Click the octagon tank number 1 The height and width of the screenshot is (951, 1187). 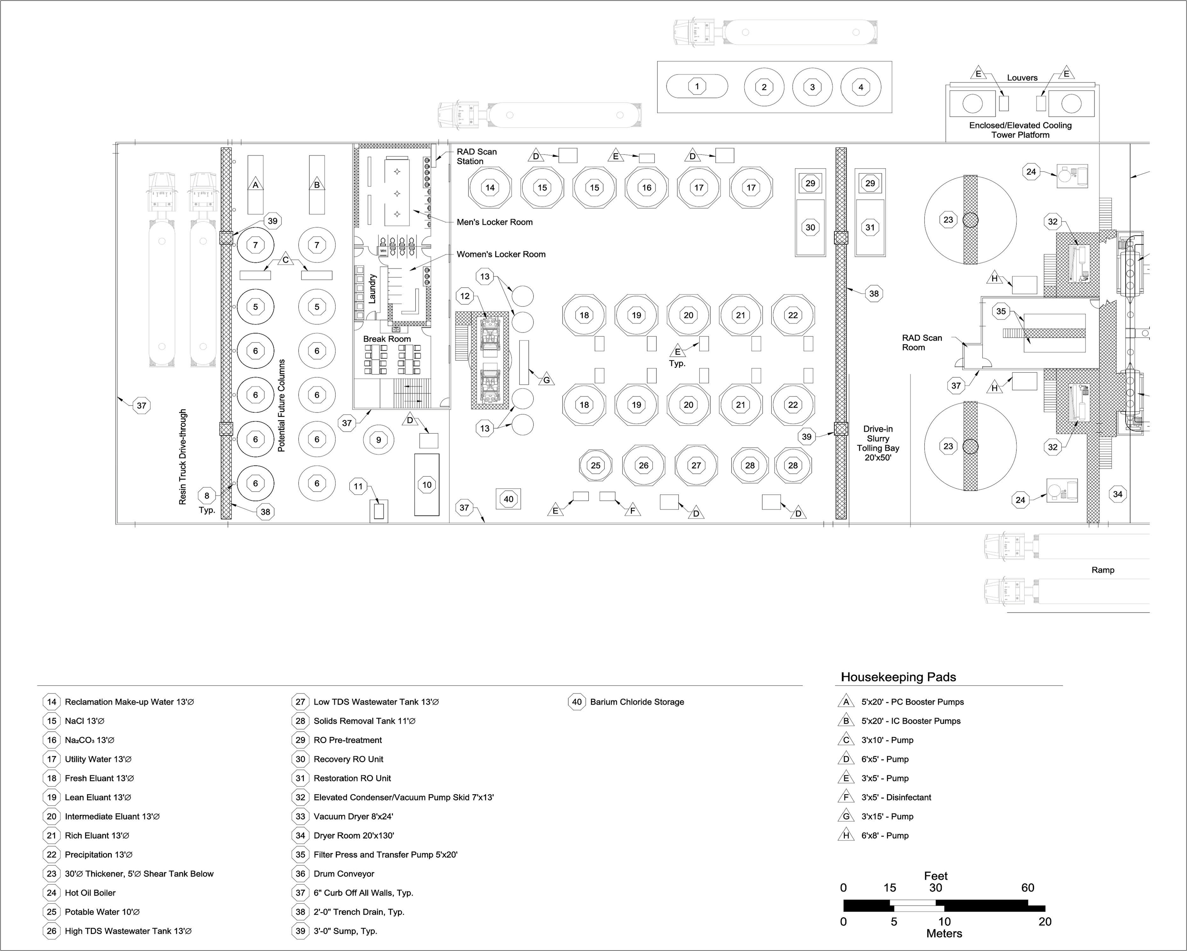coord(697,86)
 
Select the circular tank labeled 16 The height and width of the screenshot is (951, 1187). coord(647,187)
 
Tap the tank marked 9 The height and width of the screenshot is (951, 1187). coord(378,440)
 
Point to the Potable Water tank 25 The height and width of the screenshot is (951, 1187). coord(596,465)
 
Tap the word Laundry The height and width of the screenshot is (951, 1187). coord(372,288)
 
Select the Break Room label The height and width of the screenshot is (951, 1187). coord(387,339)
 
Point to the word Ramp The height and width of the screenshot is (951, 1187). coord(1103,570)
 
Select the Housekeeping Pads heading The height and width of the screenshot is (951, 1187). coord(899,677)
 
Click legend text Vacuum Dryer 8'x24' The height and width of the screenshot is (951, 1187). coord(354,817)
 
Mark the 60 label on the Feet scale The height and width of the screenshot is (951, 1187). coord(1027,888)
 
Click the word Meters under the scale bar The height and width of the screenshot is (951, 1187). coord(944,933)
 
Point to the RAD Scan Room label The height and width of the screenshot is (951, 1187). coord(921,343)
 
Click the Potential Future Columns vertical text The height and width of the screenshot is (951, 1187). coord(282,406)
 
